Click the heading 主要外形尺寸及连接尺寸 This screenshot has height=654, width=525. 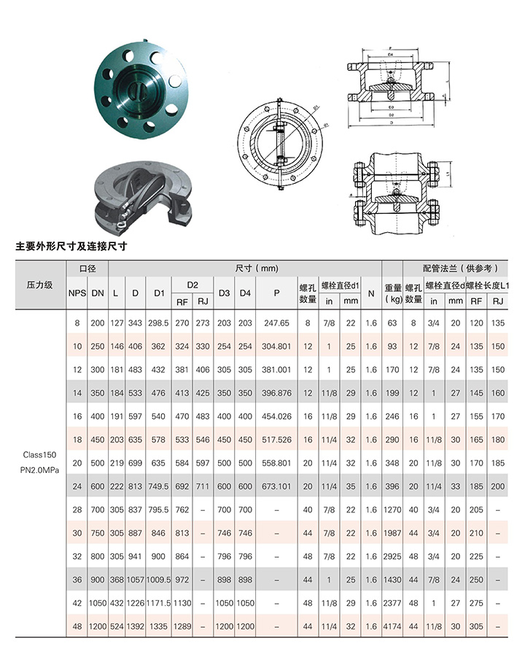click(71, 247)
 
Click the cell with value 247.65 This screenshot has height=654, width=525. click(276, 323)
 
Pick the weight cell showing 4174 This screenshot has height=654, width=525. click(393, 626)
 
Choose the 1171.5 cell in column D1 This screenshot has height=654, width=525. click(157, 603)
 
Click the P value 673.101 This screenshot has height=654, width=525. click(276, 487)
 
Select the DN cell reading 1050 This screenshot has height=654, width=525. click(98, 603)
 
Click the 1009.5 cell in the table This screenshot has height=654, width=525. click(157, 580)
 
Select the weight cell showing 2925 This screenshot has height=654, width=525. click(393, 555)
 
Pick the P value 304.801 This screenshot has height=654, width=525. click(276, 346)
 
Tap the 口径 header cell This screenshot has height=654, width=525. click(87, 268)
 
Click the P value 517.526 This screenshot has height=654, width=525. click(276, 439)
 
